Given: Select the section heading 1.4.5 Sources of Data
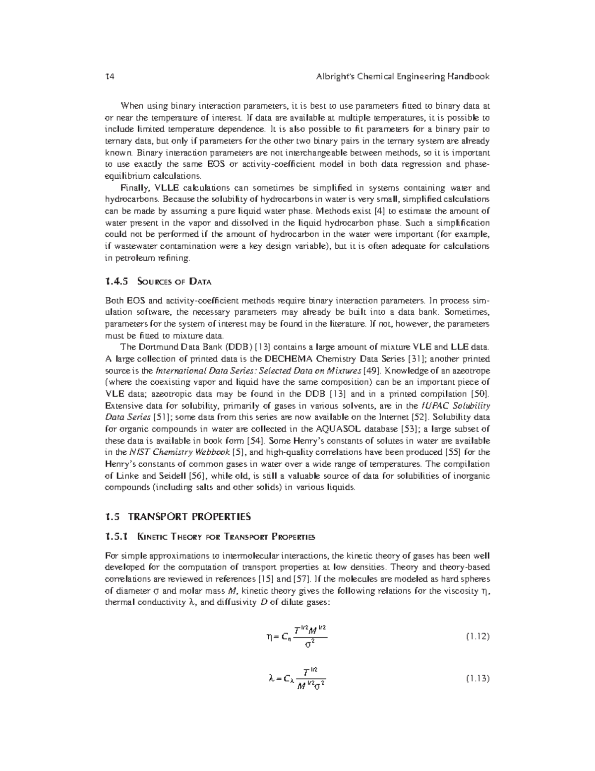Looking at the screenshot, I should pyautogui.click(x=159, y=282).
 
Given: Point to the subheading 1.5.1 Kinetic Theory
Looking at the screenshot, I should pyautogui.click(x=210, y=537).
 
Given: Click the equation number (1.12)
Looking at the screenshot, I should pyautogui.click(x=477, y=636).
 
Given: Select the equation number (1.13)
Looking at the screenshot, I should pyautogui.click(x=477, y=678).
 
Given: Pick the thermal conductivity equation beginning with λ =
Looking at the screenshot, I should pyautogui.click(x=297, y=679).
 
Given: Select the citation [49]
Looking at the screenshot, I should pyautogui.click(x=372, y=370).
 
